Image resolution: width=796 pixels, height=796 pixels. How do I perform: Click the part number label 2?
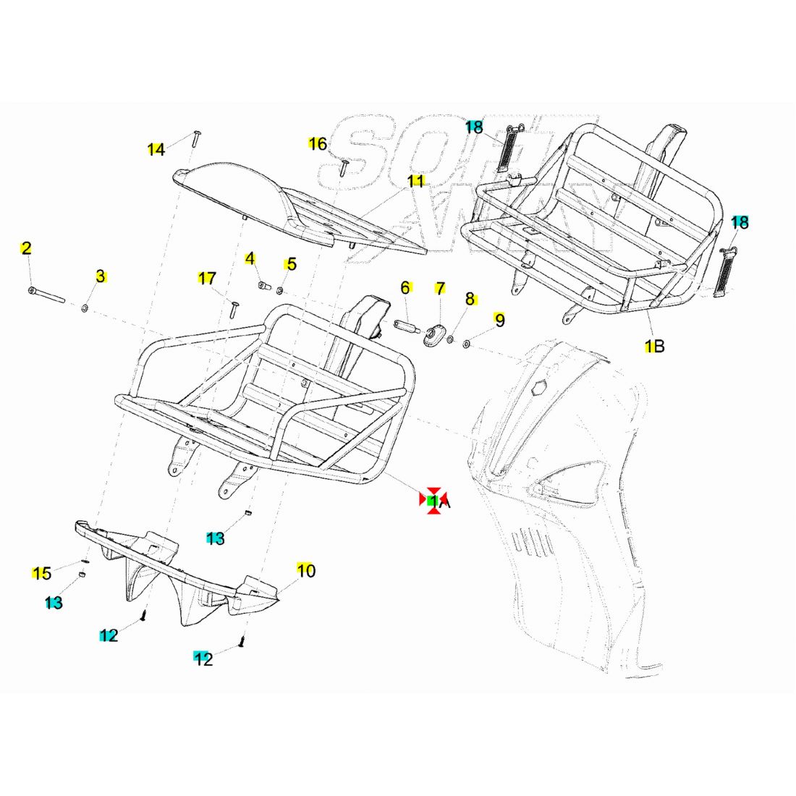[x=26, y=248]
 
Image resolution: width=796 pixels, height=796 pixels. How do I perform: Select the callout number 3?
[x=101, y=276]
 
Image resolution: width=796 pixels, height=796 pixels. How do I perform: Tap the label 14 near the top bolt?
[x=156, y=150]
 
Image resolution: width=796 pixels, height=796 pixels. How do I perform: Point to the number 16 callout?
[x=318, y=144]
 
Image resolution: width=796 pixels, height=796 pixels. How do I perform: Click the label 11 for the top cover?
[x=415, y=181]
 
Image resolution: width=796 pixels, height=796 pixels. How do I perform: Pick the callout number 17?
[x=207, y=278]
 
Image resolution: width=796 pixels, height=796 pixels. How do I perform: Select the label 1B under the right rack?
[x=654, y=347]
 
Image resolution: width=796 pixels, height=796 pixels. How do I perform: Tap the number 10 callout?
[x=306, y=571]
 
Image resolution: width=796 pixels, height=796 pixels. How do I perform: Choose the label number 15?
[x=42, y=573]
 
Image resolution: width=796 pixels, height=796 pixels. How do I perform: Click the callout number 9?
[x=499, y=320]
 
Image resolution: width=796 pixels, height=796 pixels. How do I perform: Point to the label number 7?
[x=440, y=288]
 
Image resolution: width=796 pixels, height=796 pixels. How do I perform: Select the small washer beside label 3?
[x=85, y=309]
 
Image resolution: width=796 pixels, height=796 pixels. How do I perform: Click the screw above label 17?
[x=234, y=310]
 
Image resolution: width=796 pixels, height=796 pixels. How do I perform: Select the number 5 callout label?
[x=291, y=264]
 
